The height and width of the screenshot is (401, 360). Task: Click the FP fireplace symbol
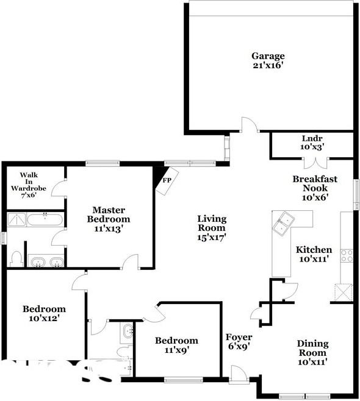coord(165,182)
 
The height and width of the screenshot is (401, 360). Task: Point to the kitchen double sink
coord(284,223)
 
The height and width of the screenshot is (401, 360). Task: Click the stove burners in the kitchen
coord(347,255)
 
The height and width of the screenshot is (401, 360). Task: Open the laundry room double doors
coord(316,163)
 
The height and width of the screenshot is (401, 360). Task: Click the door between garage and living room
coord(249,126)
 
